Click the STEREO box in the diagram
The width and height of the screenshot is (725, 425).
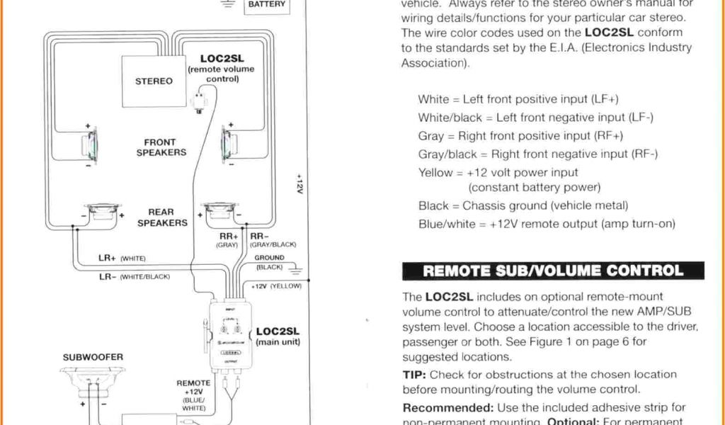pyautogui.click(x=154, y=80)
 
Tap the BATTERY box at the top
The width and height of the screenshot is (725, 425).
pyautogui.click(x=267, y=6)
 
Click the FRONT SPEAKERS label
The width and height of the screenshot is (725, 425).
pyautogui.click(x=161, y=147)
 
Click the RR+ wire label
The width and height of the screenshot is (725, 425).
pyautogui.click(x=228, y=237)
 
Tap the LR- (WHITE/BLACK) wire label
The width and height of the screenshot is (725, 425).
pyautogui.click(x=135, y=276)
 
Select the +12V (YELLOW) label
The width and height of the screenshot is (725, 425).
pyautogui.click(x=276, y=286)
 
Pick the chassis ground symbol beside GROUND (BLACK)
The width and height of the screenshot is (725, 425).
pyautogui.click(x=296, y=269)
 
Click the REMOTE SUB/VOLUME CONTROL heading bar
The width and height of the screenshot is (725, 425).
pyautogui.click(x=553, y=271)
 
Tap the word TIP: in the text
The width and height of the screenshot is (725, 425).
pyautogui.click(x=414, y=375)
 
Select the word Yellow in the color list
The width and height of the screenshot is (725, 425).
pyautogui.click(x=435, y=172)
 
